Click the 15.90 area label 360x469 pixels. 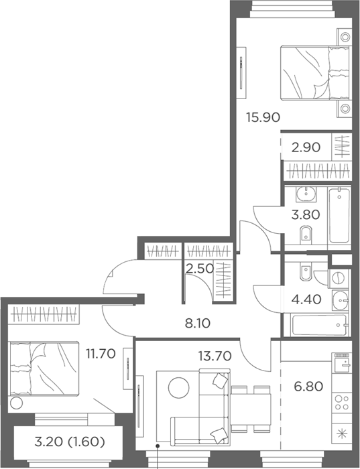[x=263, y=117]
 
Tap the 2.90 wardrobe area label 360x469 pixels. [x=306, y=147]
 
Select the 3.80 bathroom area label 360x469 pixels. [x=306, y=215]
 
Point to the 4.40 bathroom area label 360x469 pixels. [x=307, y=299]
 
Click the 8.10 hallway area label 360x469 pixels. [x=198, y=324]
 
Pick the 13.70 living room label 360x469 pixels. [x=215, y=356]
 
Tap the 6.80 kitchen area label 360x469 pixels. [x=308, y=387]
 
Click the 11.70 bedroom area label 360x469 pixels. [x=101, y=354]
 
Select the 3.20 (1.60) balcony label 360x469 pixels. [x=70, y=442]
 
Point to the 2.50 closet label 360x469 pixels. [x=200, y=268]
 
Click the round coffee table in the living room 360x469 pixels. [x=178, y=387]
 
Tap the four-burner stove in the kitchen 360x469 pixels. [x=342, y=403]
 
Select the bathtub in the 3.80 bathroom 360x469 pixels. [x=339, y=215]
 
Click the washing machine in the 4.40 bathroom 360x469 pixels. [x=339, y=278]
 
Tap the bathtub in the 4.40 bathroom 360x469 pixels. [x=320, y=324]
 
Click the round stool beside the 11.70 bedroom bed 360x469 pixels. [x=17, y=403]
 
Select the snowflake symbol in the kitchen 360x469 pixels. [x=342, y=433]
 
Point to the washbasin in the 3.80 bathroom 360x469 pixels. [x=306, y=194]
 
